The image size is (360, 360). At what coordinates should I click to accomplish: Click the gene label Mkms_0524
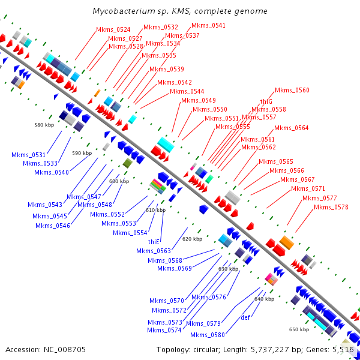[113, 29]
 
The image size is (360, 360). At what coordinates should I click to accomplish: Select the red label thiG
[266, 101]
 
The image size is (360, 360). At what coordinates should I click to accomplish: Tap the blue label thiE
[154, 242]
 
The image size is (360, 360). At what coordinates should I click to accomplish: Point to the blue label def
[245, 317]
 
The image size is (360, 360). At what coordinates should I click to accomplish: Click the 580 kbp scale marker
[44, 125]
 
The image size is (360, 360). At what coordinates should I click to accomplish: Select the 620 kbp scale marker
[192, 239]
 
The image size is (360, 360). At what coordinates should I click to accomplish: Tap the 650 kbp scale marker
[299, 329]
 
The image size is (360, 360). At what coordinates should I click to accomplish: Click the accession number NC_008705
[65, 350]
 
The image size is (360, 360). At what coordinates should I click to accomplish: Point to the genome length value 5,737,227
[269, 350]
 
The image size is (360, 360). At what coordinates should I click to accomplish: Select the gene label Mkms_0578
[331, 207]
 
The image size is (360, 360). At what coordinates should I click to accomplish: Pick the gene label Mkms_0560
[292, 90]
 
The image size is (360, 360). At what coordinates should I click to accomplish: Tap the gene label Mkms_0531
[28, 155]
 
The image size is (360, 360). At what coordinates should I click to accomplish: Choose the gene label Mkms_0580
[208, 335]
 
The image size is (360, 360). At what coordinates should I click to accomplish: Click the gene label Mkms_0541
[208, 25]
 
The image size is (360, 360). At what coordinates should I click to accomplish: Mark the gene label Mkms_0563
[154, 251]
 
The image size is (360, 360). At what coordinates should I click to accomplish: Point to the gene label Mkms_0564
[292, 128]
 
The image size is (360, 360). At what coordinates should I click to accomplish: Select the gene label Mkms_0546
[53, 226]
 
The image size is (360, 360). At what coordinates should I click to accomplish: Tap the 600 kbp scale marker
[119, 181]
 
